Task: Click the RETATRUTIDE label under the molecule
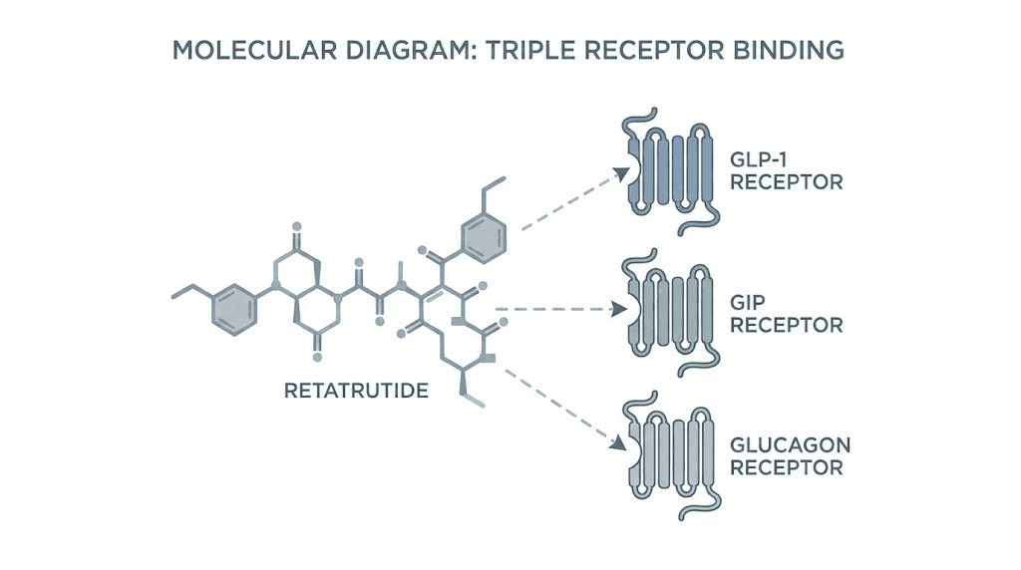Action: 356,390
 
